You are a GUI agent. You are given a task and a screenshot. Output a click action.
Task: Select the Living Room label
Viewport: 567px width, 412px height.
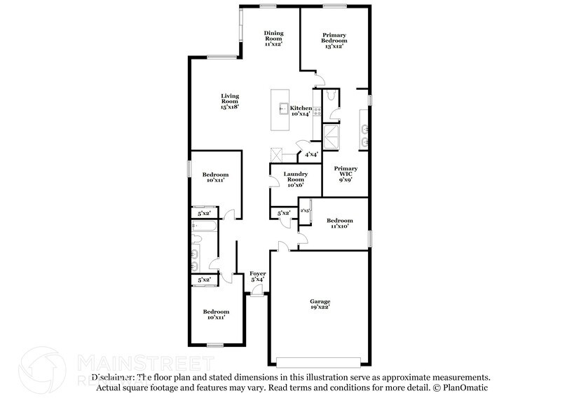pos(230,101)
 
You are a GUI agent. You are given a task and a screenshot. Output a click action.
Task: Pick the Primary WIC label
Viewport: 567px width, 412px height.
pos(346,173)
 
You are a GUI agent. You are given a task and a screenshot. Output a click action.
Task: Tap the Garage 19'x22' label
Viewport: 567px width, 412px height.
pos(320,304)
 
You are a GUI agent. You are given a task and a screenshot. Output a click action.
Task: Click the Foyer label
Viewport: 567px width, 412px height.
pos(258,277)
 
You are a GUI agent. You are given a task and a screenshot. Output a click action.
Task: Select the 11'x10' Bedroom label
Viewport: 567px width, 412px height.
pos(340,224)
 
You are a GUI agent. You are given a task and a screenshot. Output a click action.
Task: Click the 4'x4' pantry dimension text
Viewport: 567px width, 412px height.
pos(310,154)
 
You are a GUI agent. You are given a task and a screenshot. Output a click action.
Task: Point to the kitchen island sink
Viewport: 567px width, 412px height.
pos(284,109)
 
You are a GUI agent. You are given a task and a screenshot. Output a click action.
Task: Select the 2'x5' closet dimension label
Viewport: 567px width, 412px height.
pos(306,210)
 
